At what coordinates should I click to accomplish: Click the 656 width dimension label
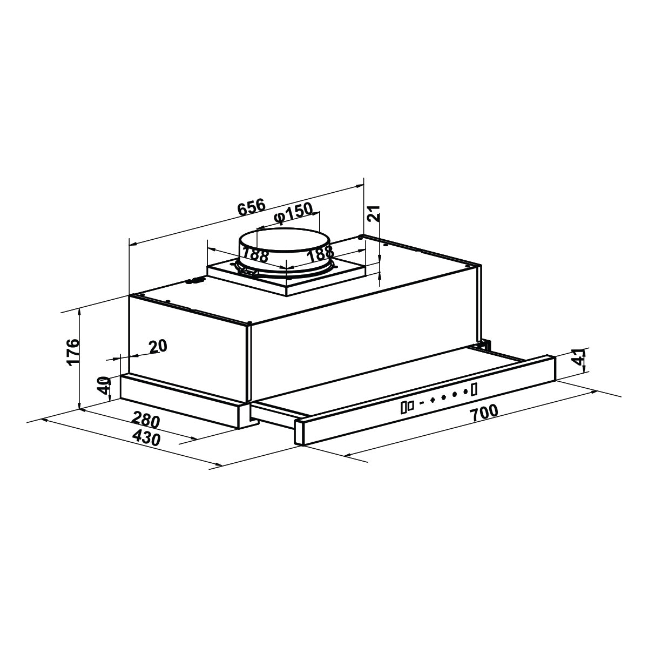click(252, 207)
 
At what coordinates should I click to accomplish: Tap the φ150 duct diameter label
click(293, 213)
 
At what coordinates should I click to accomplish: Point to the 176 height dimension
click(73, 352)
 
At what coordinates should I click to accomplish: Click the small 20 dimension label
click(158, 346)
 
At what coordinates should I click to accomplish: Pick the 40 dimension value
click(104, 386)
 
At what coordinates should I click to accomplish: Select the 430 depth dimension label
click(146, 438)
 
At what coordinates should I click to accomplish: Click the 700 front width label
click(484, 413)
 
